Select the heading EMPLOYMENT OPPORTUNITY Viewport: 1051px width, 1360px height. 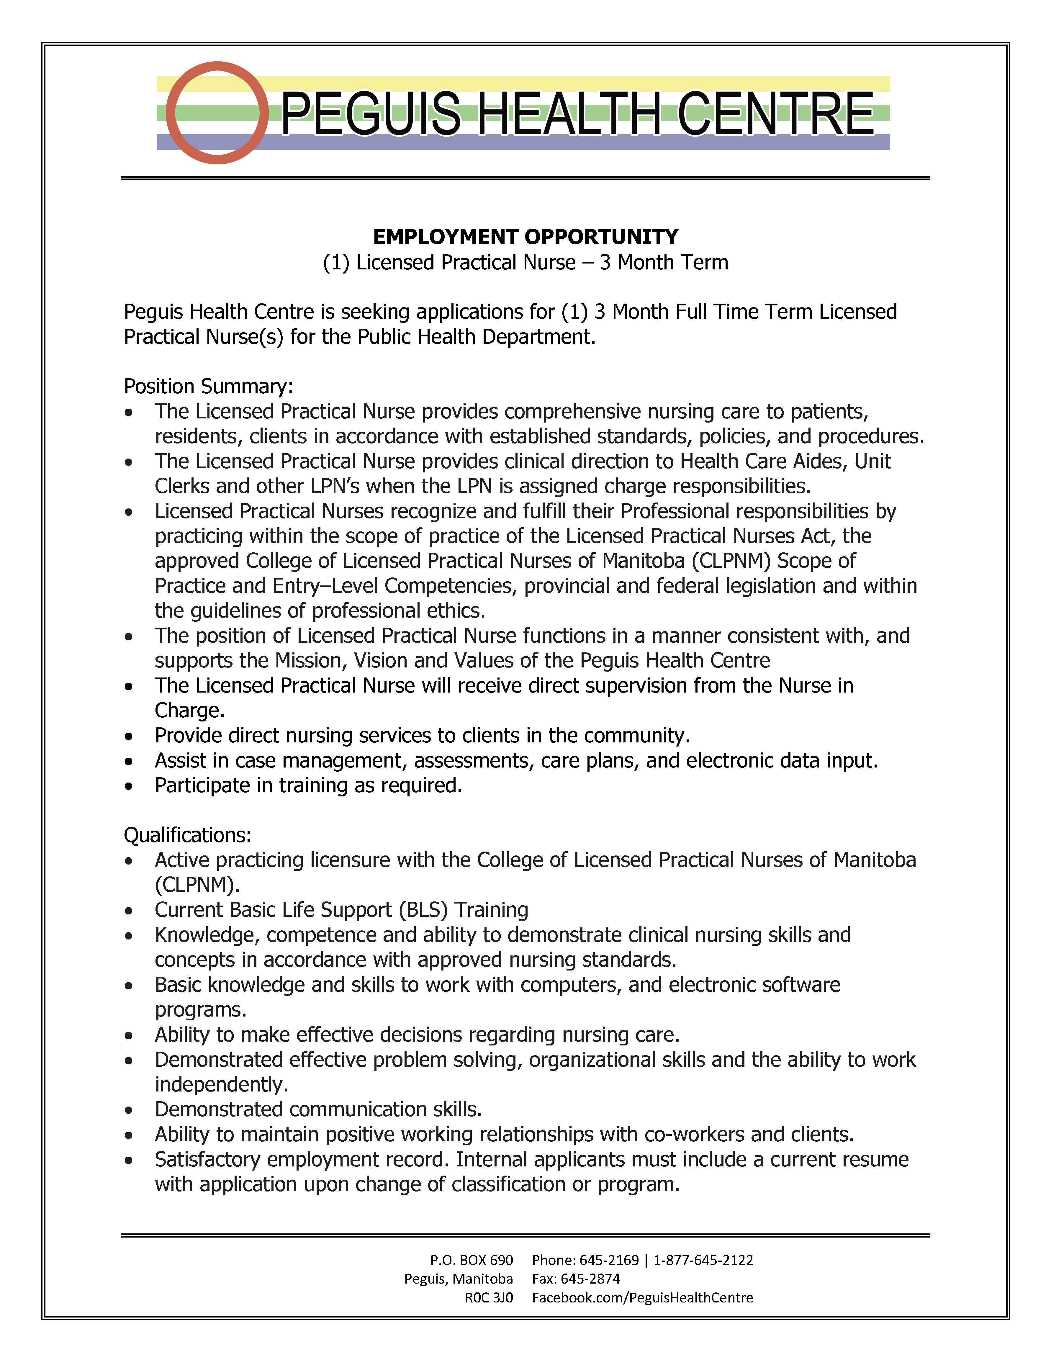[x=525, y=237]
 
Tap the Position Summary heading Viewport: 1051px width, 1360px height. [x=208, y=387]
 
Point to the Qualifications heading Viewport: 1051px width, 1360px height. [x=187, y=835]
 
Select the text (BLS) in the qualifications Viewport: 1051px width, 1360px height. [x=423, y=910]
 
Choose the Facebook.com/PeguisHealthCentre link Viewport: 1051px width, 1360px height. [x=643, y=1298]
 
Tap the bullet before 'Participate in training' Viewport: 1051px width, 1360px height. [x=129, y=786]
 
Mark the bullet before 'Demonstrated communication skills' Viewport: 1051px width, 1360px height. [x=129, y=1110]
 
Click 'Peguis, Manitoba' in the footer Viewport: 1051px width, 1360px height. [x=458, y=1279]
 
